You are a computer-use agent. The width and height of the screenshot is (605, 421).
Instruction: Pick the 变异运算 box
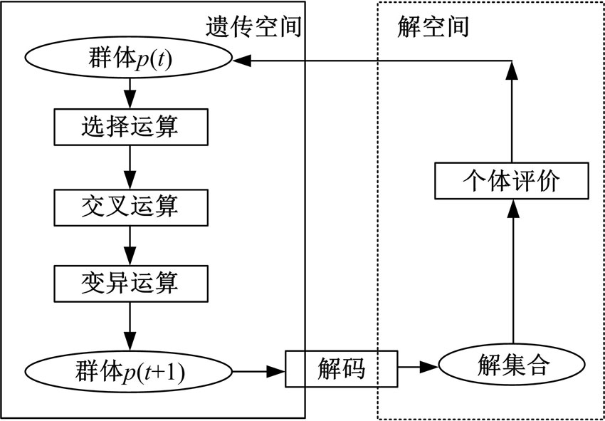pyautogui.click(x=129, y=283)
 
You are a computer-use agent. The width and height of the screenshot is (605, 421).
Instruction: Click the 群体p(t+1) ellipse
pyautogui.click(x=129, y=370)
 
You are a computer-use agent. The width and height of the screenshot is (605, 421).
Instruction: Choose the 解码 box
pyautogui.click(x=341, y=368)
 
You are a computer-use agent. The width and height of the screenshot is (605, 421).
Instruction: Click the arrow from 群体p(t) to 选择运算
pyautogui.click(x=129, y=93)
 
